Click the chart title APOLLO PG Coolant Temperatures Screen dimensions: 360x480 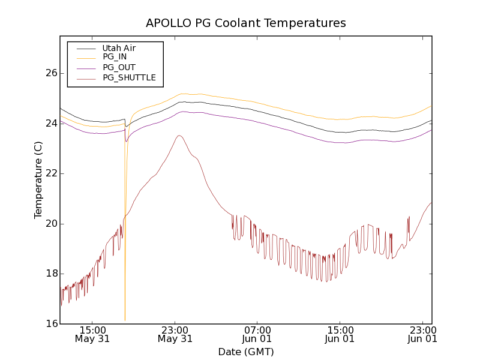pos(246,23)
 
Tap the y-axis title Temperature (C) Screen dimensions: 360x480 pos(38,180)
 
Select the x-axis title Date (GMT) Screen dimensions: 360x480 pos(246,352)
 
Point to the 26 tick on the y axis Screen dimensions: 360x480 pos(51,73)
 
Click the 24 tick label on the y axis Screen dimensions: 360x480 pos(51,123)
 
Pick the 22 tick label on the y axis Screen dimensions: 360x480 pos(51,173)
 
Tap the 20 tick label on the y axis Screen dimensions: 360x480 pos(51,224)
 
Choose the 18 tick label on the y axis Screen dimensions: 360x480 pos(51,274)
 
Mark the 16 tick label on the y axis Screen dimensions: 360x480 pos(51,324)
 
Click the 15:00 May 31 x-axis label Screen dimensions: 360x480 pos(92,334)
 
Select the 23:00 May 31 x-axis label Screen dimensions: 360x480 pos(175,334)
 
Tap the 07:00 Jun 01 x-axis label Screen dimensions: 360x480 pos(257,334)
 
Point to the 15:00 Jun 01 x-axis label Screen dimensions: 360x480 pos(340,334)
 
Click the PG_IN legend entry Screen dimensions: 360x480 pos(115,57)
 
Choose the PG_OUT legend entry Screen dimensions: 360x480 pos(119,67)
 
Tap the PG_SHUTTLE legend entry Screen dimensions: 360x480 pos(129,77)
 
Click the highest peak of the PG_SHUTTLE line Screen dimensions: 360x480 pos(179,136)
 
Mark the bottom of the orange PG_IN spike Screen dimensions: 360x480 pos(125,320)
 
